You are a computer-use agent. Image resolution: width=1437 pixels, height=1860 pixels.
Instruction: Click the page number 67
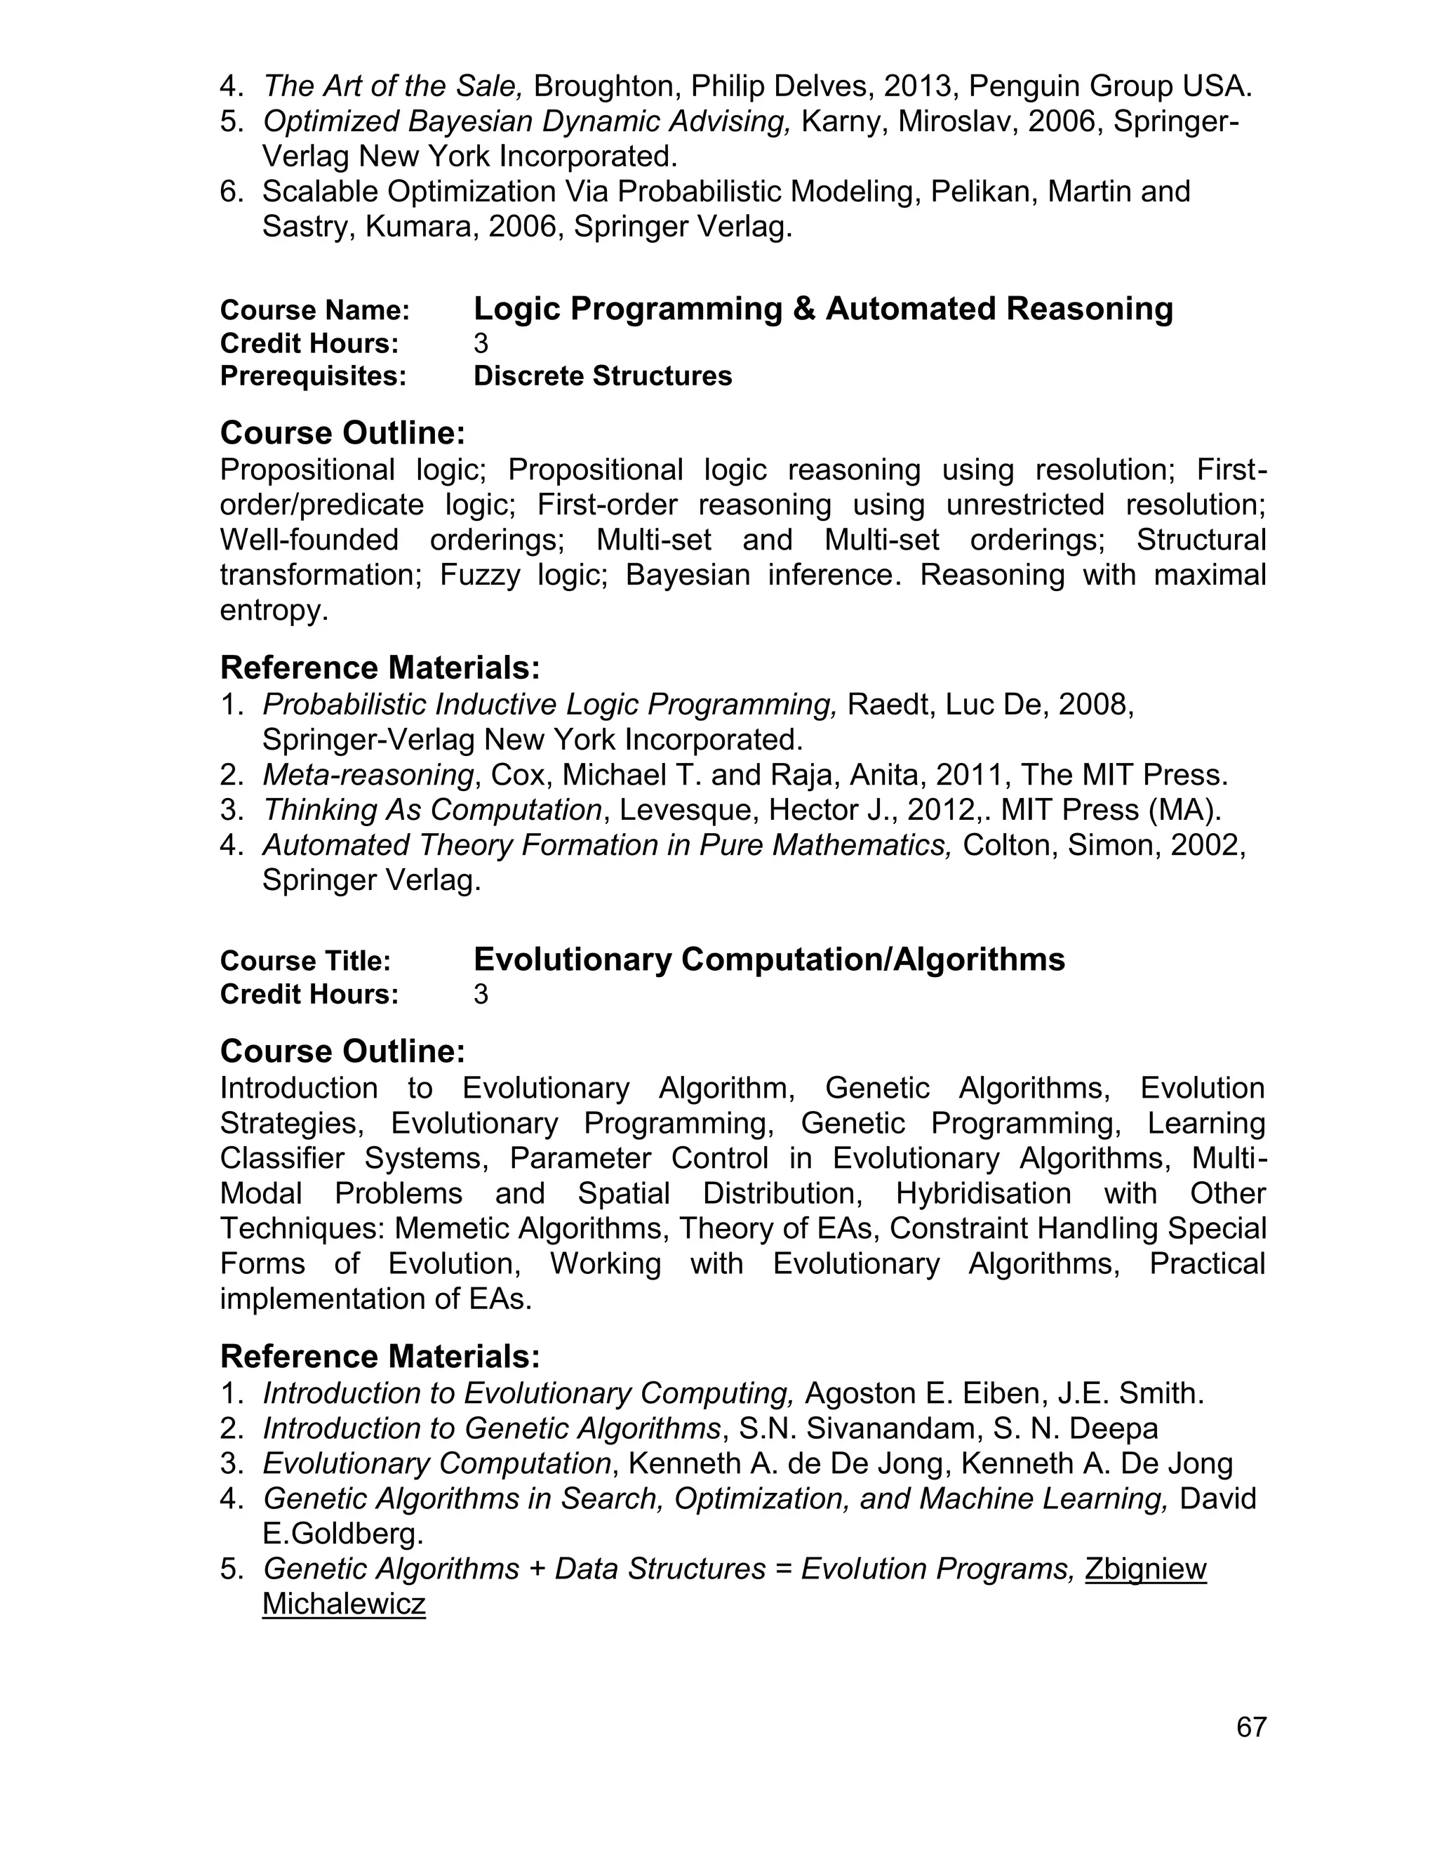[x=1252, y=1727]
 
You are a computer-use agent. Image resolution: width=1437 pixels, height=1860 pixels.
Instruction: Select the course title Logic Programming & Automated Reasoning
[x=822, y=308]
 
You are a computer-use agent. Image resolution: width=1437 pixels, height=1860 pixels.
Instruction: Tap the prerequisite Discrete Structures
[x=602, y=376]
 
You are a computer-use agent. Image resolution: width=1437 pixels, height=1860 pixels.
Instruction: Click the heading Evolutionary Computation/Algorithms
[x=769, y=959]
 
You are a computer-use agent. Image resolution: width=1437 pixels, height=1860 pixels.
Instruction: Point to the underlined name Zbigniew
[x=1145, y=1569]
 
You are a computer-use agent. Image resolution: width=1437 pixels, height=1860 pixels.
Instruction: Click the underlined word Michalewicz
[x=343, y=1604]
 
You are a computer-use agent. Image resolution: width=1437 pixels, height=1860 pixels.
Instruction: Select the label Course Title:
[x=305, y=961]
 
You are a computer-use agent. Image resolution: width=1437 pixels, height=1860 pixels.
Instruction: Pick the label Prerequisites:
[x=312, y=376]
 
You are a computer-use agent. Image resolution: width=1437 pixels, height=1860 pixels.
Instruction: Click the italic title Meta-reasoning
[x=368, y=774]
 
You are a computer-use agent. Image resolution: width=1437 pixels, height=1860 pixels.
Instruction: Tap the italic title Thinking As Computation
[x=432, y=809]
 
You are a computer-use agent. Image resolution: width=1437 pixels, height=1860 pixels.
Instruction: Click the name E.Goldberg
[x=342, y=1534]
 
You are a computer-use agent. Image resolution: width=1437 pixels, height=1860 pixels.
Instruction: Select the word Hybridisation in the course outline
[x=983, y=1193]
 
